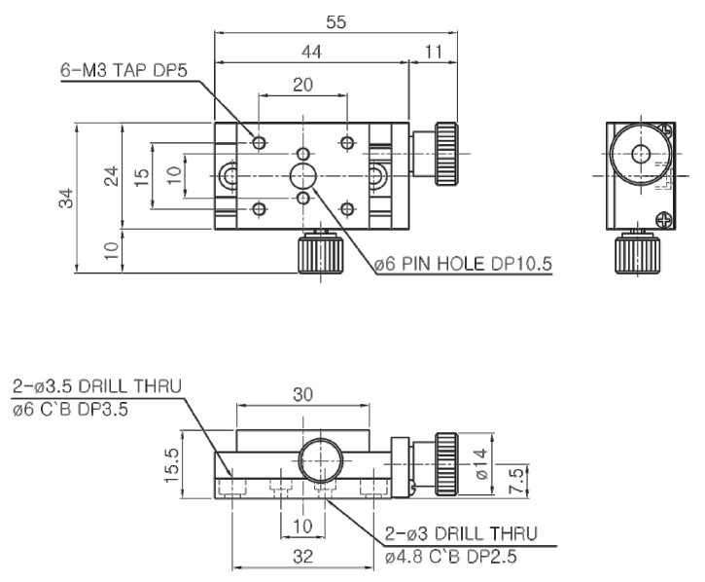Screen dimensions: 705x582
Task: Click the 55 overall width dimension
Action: point(335,22)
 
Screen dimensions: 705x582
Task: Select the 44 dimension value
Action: point(311,53)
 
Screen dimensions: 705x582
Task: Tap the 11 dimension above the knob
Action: point(434,53)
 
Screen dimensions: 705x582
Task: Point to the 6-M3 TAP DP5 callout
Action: point(123,71)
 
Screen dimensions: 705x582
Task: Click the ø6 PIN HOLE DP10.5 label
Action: point(463,264)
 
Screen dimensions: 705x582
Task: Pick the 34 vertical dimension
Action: point(66,198)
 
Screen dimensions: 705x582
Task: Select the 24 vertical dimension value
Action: point(112,175)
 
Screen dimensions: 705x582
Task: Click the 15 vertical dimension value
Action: point(141,177)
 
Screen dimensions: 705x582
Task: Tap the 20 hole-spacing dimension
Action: point(302,85)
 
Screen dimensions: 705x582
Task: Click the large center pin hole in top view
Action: point(303,176)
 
